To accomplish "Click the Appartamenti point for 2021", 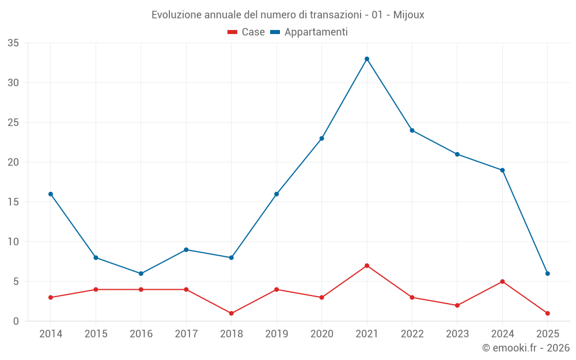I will [367, 59].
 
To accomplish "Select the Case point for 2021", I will [367, 266].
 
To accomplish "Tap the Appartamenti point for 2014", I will [51, 194].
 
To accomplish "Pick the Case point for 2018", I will [232, 313].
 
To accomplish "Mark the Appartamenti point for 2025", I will [548, 274].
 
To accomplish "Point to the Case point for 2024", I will [502, 282].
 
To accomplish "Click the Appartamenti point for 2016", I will [141, 274].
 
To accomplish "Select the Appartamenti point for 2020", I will [322, 138].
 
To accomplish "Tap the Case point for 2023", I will [457, 305].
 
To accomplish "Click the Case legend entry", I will [247, 32].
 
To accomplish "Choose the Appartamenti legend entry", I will [309, 32].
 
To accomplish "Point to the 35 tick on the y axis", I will [13, 43].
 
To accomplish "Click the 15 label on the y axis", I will [13, 202].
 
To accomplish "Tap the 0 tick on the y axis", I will [16, 321].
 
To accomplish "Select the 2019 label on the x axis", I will [276, 334].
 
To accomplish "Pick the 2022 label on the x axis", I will [412, 334].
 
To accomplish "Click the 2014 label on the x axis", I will [51, 334].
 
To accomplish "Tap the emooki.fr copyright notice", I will [526, 348].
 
